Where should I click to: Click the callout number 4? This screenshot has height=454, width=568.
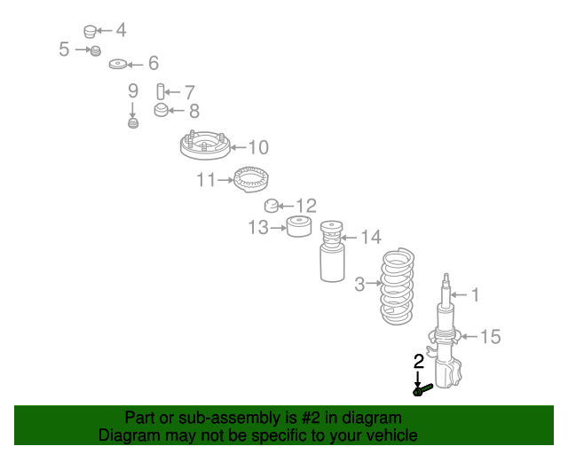120,30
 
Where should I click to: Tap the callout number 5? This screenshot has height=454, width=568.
64,50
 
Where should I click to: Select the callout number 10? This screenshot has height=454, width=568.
257,147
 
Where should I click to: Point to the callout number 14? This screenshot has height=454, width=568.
370,237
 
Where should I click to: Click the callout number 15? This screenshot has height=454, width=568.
490,336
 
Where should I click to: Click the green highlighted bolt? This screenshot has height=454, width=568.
422,388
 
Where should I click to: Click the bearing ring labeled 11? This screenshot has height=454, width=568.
251,179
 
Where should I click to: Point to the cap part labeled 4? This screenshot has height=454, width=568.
90,32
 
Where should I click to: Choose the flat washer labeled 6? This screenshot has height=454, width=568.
116,64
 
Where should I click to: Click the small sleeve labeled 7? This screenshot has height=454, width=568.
161,90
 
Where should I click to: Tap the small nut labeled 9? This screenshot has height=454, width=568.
133,121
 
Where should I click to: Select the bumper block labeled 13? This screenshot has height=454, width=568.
299,228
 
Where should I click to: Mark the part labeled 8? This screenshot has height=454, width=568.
161,111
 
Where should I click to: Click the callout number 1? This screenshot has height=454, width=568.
475,294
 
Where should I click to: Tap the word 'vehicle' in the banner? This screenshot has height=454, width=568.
390,434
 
